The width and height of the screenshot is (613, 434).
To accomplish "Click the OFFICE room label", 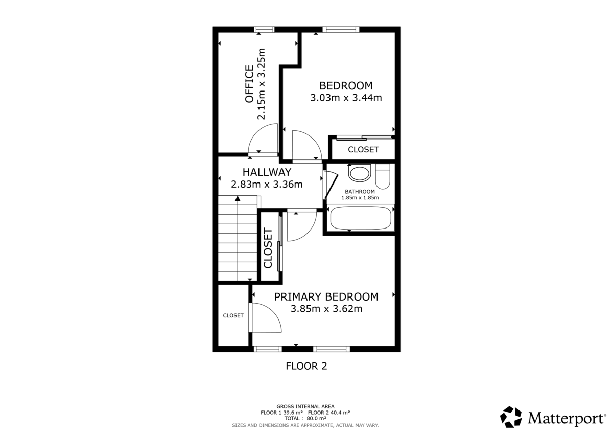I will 249,84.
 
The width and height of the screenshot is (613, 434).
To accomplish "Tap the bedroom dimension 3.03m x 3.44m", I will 346,98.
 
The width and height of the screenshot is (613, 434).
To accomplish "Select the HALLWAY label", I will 267,172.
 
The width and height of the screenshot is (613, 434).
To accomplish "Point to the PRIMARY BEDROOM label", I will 326,296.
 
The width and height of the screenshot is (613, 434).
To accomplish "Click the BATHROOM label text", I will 360,192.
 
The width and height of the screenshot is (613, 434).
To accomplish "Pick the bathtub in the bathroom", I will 361,218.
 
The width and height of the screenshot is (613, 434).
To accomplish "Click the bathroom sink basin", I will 360,173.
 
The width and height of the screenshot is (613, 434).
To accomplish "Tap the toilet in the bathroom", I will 383,176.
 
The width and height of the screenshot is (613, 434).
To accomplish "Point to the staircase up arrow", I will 238,200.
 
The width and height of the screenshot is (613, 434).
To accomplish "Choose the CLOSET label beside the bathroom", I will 363,150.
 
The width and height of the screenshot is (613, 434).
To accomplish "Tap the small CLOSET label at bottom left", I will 233,315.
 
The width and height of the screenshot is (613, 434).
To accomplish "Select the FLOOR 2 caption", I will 306,366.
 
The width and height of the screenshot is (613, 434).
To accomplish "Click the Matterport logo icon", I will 511,417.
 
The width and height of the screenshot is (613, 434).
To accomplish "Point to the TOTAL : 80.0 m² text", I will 305,418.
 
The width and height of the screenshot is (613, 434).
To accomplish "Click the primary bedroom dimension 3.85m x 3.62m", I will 326,309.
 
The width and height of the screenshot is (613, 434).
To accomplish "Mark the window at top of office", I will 265,29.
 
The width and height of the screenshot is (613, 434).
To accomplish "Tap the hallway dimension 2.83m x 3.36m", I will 267,185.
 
